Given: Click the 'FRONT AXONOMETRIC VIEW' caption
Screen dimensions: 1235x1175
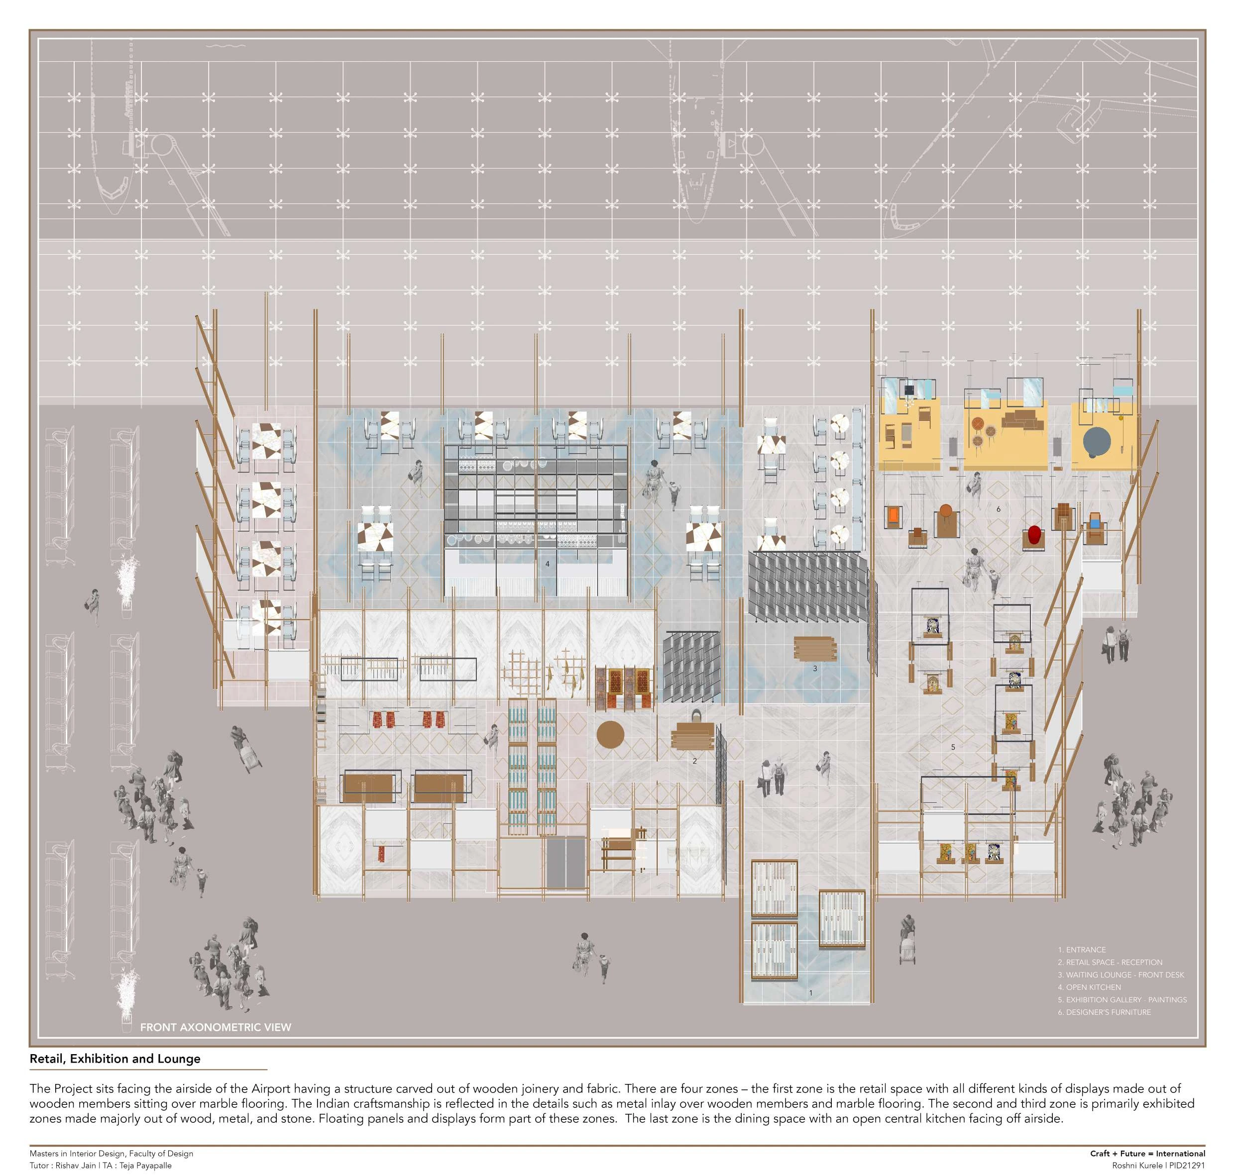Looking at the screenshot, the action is [x=216, y=1027].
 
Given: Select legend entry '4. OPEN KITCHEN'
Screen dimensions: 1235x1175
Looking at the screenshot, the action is [x=1090, y=987].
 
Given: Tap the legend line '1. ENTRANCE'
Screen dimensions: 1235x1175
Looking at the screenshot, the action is [x=1082, y=950].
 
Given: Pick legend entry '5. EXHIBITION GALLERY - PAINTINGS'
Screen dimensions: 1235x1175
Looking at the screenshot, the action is [x=1122, y=999].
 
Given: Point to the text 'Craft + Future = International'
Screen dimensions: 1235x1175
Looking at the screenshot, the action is [x=1147, y=1153].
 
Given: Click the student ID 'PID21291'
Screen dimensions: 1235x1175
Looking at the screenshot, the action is [x=1187, y=1166].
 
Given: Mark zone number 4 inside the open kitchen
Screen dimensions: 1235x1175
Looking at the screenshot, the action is [x=547, y=564].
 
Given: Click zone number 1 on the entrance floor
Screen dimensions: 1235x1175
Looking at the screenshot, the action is [x=811, y=993].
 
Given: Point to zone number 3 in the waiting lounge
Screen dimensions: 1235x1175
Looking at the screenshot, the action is [x=814, y=668].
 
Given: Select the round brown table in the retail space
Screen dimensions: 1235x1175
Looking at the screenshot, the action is [x=610, y=735].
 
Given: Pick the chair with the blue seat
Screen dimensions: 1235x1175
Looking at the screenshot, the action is [x=1095, y=521].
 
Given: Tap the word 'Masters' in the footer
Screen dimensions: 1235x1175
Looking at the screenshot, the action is [x=43, y=1153].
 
